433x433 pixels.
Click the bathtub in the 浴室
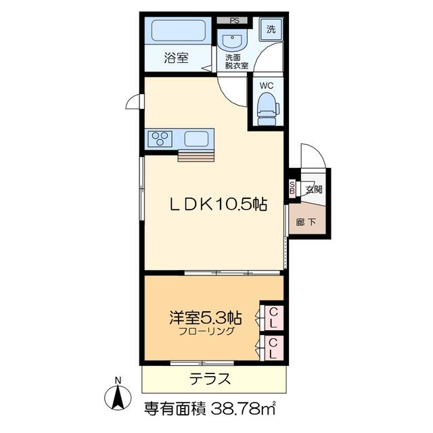179,30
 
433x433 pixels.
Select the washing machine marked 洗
271,29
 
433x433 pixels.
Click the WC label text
266,86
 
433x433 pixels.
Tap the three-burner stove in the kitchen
160,139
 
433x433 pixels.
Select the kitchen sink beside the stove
196,139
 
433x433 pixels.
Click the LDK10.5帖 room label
218,204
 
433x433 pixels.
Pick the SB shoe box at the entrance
292,188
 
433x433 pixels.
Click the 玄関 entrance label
314,189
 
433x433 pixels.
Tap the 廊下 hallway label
306,222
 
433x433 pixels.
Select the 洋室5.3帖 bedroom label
206,317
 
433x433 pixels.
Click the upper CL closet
273,317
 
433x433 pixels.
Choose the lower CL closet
273,348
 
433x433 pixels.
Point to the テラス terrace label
210,379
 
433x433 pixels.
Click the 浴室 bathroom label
176,58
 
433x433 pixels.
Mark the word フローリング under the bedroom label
206,331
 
